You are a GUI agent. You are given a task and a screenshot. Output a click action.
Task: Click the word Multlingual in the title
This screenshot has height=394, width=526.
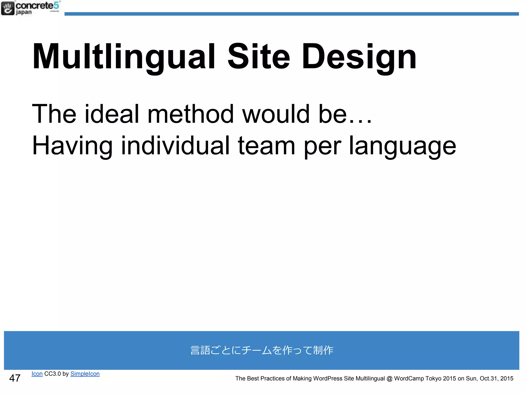click(x=124, y=57)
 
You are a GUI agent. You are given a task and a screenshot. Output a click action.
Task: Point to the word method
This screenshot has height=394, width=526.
click(x=190, y=114)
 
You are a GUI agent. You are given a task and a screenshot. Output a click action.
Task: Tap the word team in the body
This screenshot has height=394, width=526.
click(x=266, y=146)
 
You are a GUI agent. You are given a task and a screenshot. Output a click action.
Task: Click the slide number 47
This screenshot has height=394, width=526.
click(x=15, y=378)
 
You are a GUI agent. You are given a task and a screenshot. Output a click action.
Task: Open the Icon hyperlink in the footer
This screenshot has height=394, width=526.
click(x=37, y=374)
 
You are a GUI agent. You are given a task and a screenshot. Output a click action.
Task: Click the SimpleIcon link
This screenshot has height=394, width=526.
click(x=85, y=374)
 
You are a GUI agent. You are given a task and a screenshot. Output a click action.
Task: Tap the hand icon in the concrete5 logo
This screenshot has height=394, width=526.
click(x=8, y=8)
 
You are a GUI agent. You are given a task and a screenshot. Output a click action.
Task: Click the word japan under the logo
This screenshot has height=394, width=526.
click(x=24, y=12)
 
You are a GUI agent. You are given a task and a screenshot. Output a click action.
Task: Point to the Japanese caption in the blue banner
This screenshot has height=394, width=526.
click(x=262, y=350)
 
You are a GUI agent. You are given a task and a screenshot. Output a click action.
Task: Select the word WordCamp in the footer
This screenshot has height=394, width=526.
click(x=409, y=378)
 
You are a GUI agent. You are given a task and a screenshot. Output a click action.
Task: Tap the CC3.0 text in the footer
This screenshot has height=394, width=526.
click(x=52, y=374)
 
